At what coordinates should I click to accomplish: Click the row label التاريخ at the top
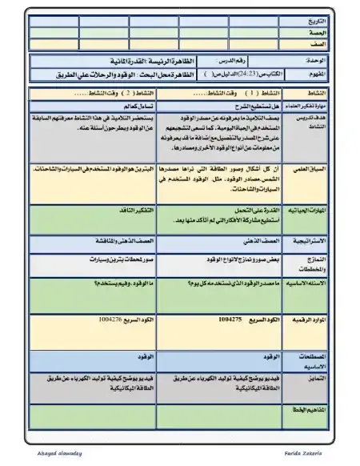coord(319,19)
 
